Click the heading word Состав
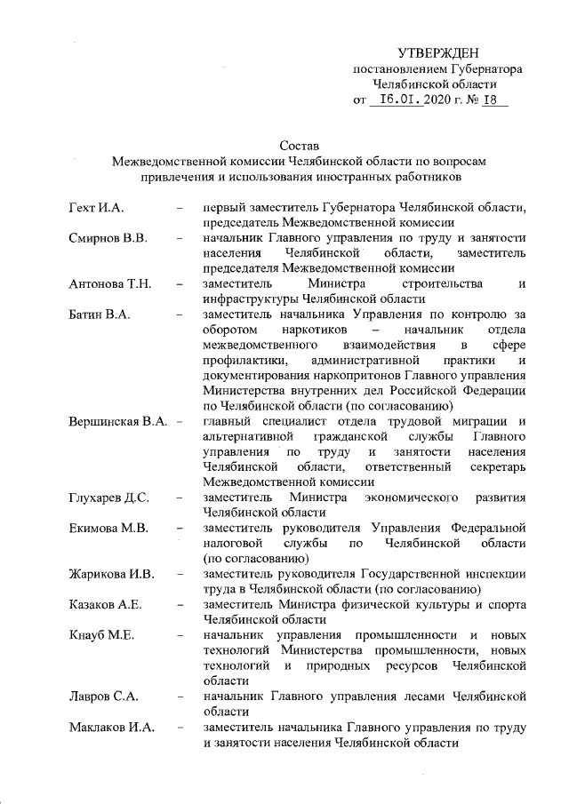point(298,145)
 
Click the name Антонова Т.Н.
point(111,283)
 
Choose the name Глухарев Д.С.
point(109,497)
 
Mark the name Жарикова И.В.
point(112,573)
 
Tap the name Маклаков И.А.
point(112,728)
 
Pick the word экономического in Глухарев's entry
point(409,497)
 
